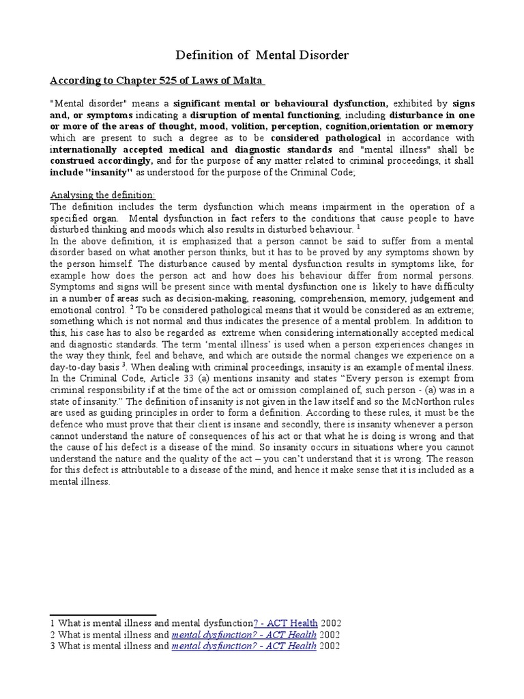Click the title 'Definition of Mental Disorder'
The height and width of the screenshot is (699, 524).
[x=262, y=55]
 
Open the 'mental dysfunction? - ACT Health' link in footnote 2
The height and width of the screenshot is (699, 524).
[x=244, y=635]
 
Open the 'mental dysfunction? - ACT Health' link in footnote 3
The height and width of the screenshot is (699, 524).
[x=244, y=646]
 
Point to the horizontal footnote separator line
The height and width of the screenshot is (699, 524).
[x=104, y=614]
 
